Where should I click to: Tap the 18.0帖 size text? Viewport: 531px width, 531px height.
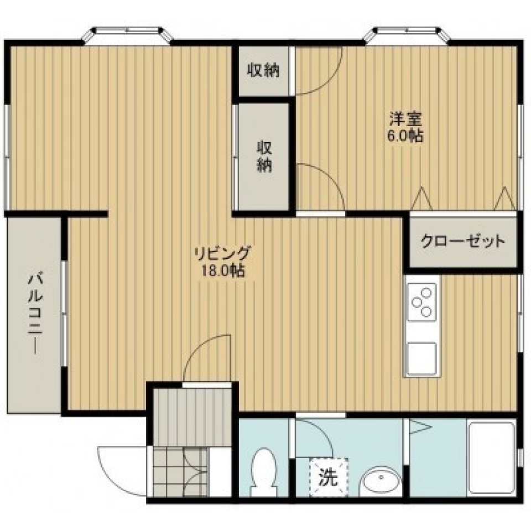(x=222, y=270)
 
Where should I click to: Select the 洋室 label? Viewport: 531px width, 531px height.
(x=406, y=119)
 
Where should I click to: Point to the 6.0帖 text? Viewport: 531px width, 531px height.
(x=406, y=136)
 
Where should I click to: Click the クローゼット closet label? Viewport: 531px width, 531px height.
(x=463, y=241)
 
